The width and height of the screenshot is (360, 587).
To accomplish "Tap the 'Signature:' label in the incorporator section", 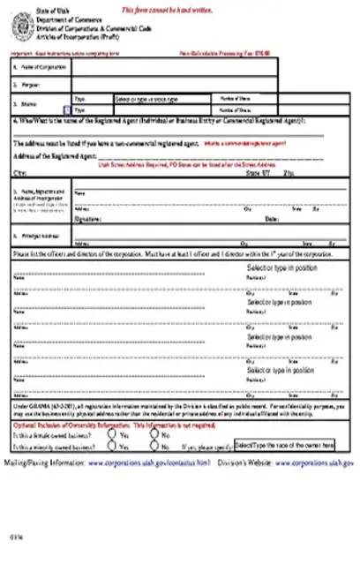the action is (x=87, y=217).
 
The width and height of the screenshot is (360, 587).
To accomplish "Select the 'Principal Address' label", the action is (x=39, y=237).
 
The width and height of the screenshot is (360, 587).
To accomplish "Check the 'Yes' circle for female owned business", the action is (x=113, y=435).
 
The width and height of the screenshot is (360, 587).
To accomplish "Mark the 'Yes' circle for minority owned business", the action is (x=113, y=447).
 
